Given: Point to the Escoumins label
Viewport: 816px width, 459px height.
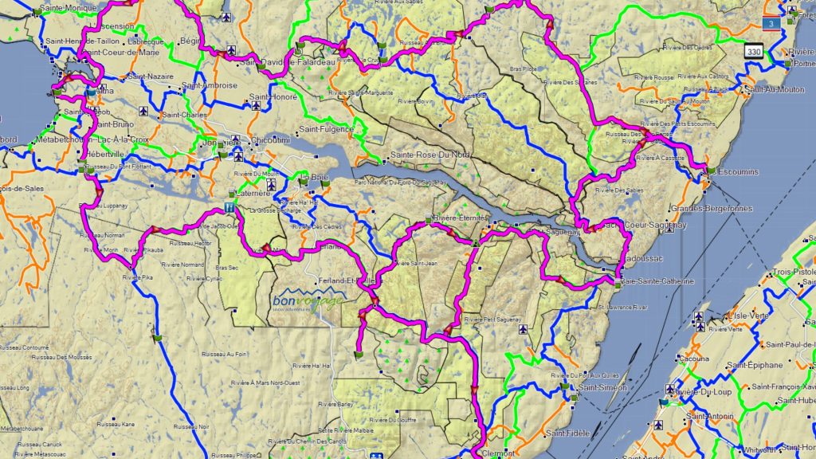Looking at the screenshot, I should tap(737, 172).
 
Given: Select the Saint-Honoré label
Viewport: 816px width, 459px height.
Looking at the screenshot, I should tap(273, 97).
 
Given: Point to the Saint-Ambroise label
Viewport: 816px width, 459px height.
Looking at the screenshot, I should tap(210, 85).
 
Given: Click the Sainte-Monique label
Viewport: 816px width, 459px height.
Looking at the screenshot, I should tap(67, 7).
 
